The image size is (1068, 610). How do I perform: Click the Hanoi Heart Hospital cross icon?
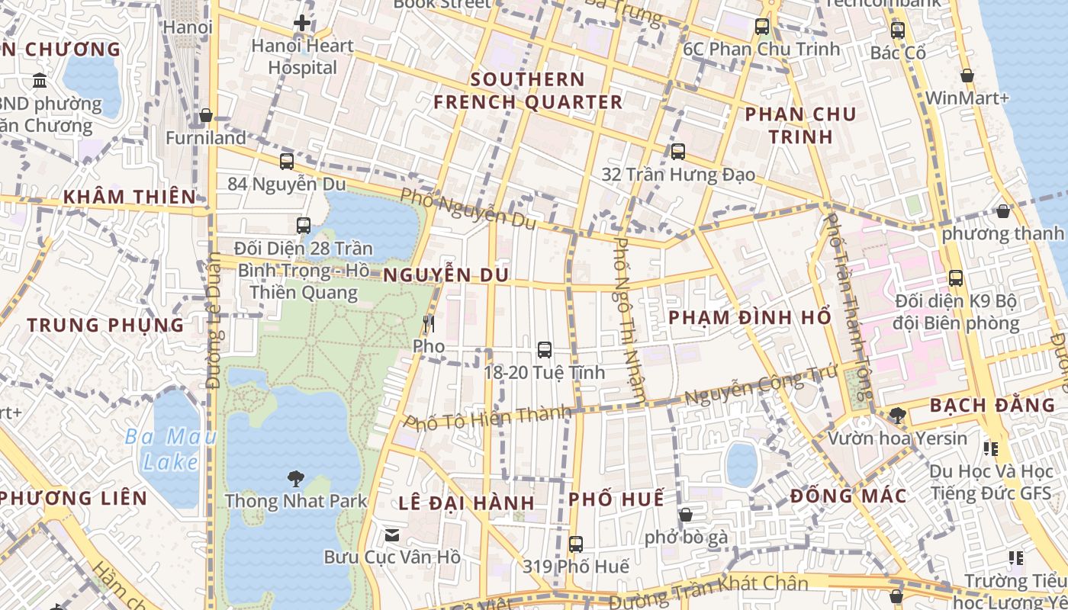point(302,23)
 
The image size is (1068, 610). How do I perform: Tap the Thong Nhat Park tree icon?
point(295,479)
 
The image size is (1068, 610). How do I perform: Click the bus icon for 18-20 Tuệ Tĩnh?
point(544,350)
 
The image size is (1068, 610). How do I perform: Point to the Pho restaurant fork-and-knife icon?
point(429,324)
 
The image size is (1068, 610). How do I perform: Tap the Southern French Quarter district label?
point(528,91)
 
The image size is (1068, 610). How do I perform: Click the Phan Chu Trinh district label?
point(800,125)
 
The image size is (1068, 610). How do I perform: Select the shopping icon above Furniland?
point(205,116)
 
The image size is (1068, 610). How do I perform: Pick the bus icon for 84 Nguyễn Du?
point(287,162)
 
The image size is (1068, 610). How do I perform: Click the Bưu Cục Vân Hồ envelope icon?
point(392,535)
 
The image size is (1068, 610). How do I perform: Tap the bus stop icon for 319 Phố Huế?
point(576,544)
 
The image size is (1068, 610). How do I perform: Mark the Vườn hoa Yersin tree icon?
point(897,416)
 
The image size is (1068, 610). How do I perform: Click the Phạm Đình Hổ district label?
point(749,317)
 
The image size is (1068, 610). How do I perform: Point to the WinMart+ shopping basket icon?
point(967,76)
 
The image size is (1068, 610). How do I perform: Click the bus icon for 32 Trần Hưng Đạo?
point(678,152)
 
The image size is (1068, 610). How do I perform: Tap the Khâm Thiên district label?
point(130,197)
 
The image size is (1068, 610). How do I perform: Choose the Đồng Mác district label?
point(848,496)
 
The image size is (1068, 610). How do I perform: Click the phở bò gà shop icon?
point(686,515)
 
